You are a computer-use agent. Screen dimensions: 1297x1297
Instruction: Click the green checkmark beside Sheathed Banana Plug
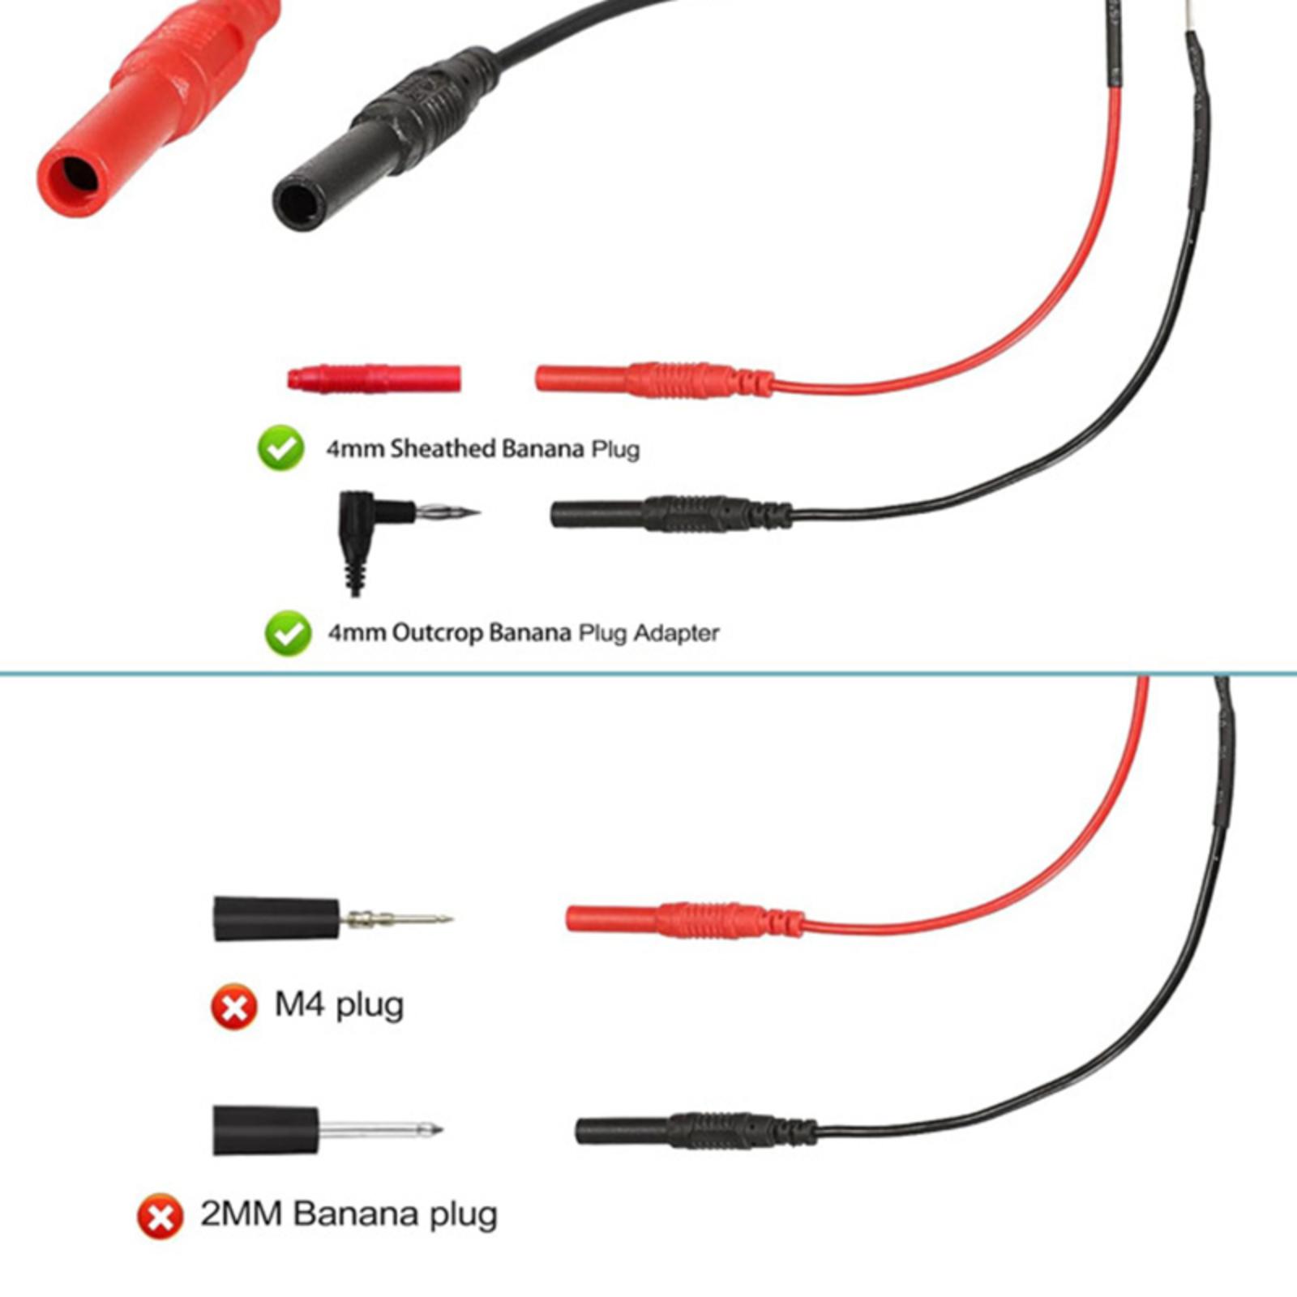coord(281,448)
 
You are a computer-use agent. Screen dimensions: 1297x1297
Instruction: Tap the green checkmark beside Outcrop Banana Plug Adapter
coord(288,633)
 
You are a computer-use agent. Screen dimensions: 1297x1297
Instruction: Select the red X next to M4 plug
coord(233,1008)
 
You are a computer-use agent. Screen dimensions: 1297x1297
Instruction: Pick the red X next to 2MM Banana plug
coord(160,1216)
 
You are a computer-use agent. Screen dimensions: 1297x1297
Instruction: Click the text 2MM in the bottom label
coord(241,1214)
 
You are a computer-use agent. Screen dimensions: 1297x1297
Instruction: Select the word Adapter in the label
coord(676,632)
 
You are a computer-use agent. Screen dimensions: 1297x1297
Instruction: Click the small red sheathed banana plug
coord(375,379)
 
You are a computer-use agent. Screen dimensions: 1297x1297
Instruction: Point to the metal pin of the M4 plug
coord(396,919)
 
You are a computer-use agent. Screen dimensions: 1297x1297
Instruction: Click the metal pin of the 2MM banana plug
coord(380,1128)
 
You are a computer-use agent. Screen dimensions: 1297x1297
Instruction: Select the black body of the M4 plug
coord(276,918)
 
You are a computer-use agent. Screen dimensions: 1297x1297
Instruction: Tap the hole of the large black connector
coord(298,204)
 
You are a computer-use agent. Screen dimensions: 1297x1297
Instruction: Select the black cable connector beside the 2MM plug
coord(696,1129)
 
